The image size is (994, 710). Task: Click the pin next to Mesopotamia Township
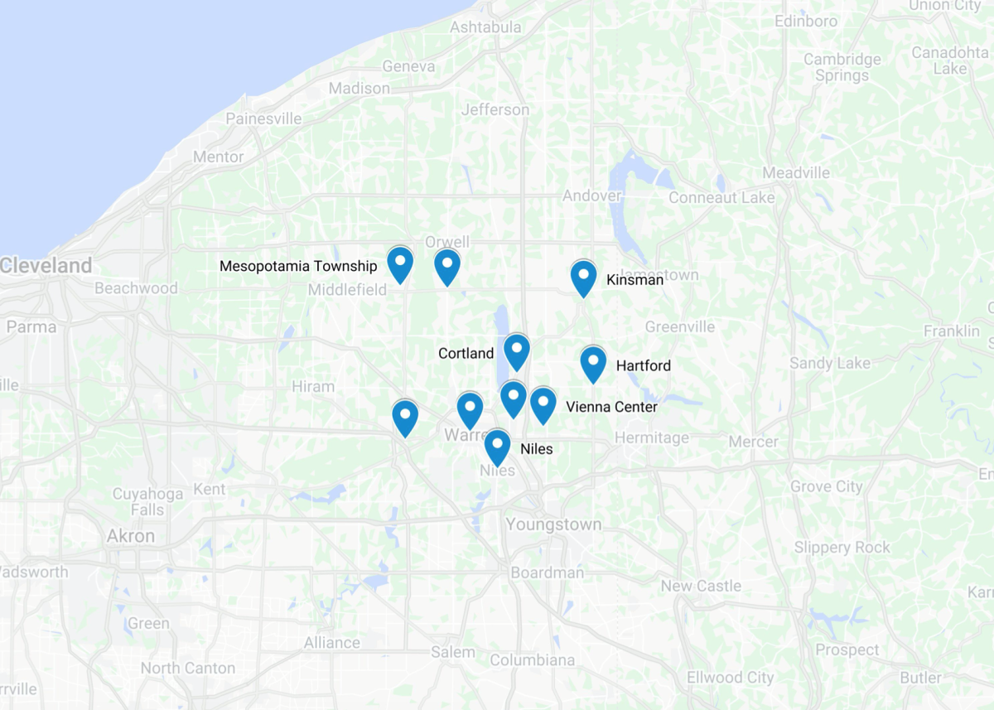[400, 264]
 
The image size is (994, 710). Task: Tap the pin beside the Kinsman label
[583, 278]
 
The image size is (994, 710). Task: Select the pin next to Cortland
[516, 351]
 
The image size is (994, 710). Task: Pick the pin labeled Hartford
[593, 364]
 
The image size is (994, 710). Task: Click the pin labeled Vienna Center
[543, 404]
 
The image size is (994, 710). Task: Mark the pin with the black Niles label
[497, 447]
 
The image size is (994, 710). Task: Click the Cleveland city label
[46, 266]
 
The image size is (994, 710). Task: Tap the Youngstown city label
[554, 524]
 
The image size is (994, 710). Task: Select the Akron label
[131, 536]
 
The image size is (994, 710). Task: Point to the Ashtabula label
[485, 27]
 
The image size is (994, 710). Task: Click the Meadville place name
[796, 173]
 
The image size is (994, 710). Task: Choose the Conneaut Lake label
[721, 198]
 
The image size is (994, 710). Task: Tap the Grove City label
[826, 486]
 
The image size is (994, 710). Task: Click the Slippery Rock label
[842, 548]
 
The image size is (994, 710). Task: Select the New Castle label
[701, 586]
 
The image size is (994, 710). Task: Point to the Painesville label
[263, 118]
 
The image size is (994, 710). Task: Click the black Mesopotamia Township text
[298, 266]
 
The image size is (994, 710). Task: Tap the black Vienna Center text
[611, 407]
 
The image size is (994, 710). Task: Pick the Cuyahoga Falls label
[147, 502]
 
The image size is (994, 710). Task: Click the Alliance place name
[331, 643]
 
